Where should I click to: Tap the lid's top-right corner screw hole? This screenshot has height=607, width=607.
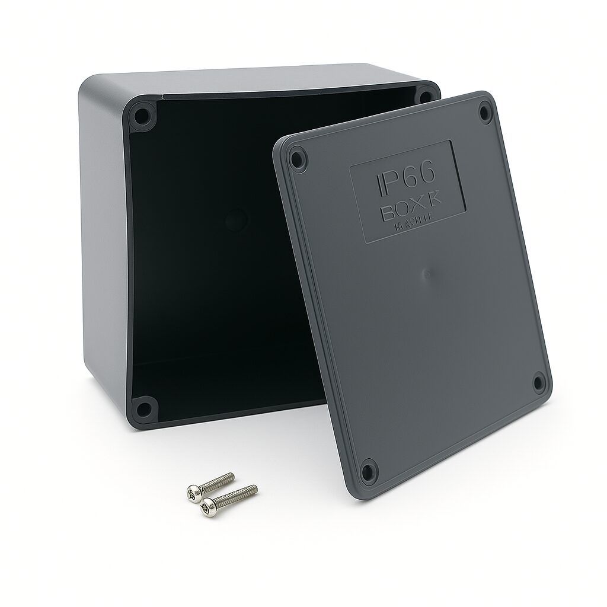tap(485, 112)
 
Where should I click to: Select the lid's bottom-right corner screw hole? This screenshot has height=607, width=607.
tap(538, 382)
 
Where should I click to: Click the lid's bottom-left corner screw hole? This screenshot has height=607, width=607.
tap(369, 472)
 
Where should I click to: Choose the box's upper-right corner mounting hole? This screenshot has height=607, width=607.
tap(425, 97)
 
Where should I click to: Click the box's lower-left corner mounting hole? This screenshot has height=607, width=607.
tap(143, 408)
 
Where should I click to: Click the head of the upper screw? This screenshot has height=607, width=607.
tap(193, 491)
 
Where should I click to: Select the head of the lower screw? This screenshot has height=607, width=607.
tap(207, 507)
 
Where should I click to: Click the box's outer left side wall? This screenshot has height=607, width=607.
tap(104, 237)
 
